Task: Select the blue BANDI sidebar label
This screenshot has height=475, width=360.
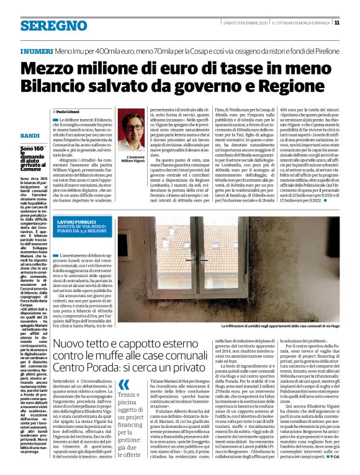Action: pyautogui.click(x=29, y=135)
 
